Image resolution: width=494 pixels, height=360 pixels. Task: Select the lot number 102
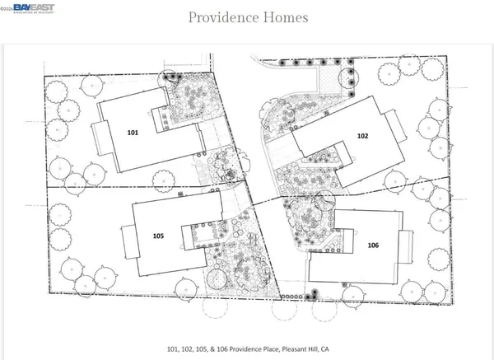click(362, 136)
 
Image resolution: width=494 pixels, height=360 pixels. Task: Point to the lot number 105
click(158, 236)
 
